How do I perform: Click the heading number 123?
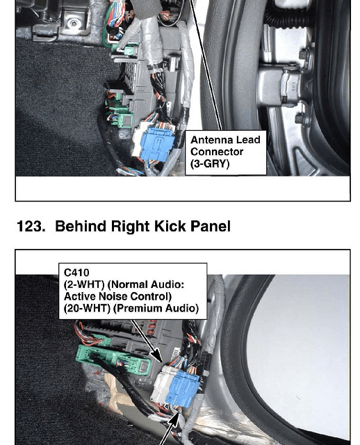click(x=31, y=227)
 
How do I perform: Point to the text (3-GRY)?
click(x=210, y=163)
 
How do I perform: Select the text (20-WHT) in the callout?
click(x=87, y=308)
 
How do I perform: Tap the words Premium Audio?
click(x=156, y=308)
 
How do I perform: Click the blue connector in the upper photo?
click(x=156, y=144)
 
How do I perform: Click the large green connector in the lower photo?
click(x=113, y=360)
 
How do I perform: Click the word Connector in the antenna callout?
click(x=217, y=152)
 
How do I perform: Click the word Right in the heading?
click(x=130, y=227)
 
